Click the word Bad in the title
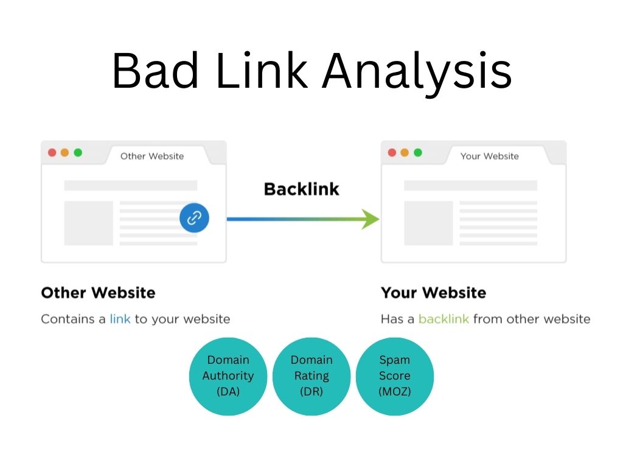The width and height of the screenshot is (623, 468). pyautogui.click(x=155, y=71)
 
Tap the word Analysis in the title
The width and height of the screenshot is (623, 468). pyautogui.click(x=417, y=74)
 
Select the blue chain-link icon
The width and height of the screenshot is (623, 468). pyautogui.click(x=194, y=218)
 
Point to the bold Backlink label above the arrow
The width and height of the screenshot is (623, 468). pyautogui.click(x=302, y=189)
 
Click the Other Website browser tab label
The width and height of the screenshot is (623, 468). pyautogui.click(x=152, y=156)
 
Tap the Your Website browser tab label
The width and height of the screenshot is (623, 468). pyautogui.click(x=490, y=156)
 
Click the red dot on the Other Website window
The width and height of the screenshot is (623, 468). pyautogui.click(x=52, y=152)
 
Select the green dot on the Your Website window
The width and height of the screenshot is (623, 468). pyautogui.click(x=418, y=152)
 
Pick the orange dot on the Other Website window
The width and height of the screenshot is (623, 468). pyautogui.click(x=64, y=152)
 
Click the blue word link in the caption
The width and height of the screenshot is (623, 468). pyautogui.click(x=120, y=319)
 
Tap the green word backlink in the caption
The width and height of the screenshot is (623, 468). pyautogui.click(x=444, y=319)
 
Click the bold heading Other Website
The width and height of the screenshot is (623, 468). pyautogui.click(x=98, y=293)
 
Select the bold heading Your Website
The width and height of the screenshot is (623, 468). pyautogui.click(x=433, y=293)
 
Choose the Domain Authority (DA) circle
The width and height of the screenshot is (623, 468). pyautogui.click(x=228, y=377)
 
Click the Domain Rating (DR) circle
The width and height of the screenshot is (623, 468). pyautogui.click(x=311, y=377)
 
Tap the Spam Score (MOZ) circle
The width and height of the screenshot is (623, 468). pyautogui.click(x=394, y=377)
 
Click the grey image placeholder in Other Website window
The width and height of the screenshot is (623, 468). pyautogui.click(x=89, y=223)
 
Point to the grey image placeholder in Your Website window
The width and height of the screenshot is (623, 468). pyautogui.click(x=428, y=223)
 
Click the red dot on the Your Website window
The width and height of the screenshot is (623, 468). pyautogui.click(x=392, y=152)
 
